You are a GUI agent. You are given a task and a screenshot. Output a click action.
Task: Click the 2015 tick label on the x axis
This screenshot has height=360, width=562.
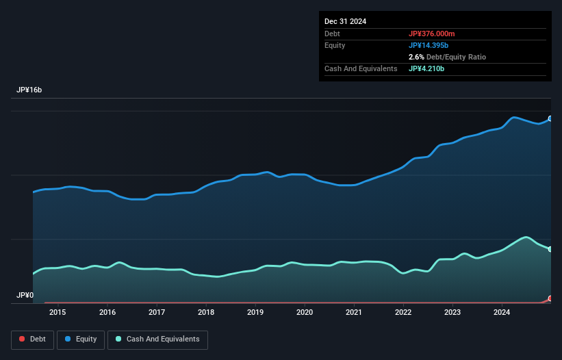coord(58,313)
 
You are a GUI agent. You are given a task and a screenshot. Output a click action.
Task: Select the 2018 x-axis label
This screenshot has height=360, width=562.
coord(206,313)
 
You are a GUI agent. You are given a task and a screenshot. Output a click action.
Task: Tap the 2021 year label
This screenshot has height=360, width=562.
coord(354,313)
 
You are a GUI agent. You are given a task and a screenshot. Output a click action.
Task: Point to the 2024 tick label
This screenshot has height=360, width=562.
coord(502,313)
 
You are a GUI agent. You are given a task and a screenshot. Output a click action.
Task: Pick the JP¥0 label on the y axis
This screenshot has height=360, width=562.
coord(25,296)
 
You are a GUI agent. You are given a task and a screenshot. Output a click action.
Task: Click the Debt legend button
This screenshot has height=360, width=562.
coord(31,339)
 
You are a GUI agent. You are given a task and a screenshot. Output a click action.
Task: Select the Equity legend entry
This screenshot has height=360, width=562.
coord(81,339)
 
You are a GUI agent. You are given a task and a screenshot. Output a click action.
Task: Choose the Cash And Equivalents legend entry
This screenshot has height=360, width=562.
coord(157,339)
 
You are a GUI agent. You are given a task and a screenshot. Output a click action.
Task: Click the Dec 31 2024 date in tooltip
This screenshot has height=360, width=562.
coord(346,21)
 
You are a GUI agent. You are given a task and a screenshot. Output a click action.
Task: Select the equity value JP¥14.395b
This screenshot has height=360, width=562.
coord(432,45)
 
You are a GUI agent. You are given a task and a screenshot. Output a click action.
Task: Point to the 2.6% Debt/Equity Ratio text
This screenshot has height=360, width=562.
coord(447,57)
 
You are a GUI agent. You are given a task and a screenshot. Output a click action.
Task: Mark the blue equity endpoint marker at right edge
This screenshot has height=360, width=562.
coord(550,118)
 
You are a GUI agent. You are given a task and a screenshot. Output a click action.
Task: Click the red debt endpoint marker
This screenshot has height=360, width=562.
coord(550,299)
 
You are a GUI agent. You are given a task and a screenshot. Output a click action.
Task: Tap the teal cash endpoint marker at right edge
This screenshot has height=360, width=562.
coord(550,249)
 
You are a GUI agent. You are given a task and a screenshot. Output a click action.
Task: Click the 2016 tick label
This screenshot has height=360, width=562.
coord(107,313)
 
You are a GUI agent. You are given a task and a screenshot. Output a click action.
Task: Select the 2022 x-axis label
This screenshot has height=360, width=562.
coord(403,313)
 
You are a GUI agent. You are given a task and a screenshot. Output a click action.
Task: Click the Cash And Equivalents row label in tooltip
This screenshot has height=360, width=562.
coord(361,68)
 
